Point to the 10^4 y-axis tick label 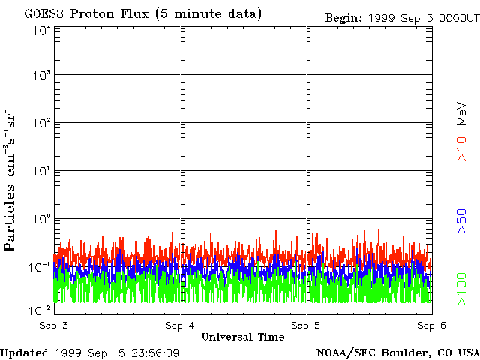[40, 31]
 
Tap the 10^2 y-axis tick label [40, 124]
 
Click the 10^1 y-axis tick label [40, 172]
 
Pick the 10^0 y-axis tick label [40, 220]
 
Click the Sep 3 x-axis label [54, 325]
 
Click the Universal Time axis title [242, 337]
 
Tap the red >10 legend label [463, 148]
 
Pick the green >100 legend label [463, 289]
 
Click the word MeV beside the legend [463, 112]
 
